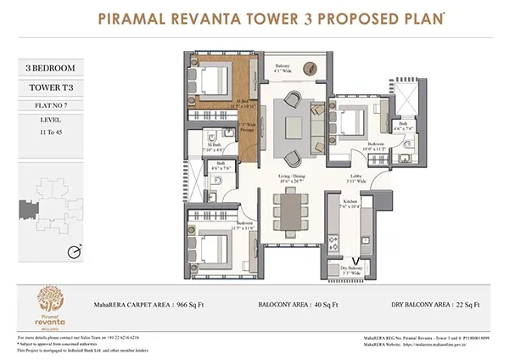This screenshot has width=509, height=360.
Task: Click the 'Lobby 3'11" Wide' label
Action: (355, 179)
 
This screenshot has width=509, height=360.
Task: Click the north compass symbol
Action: (75, 250)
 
